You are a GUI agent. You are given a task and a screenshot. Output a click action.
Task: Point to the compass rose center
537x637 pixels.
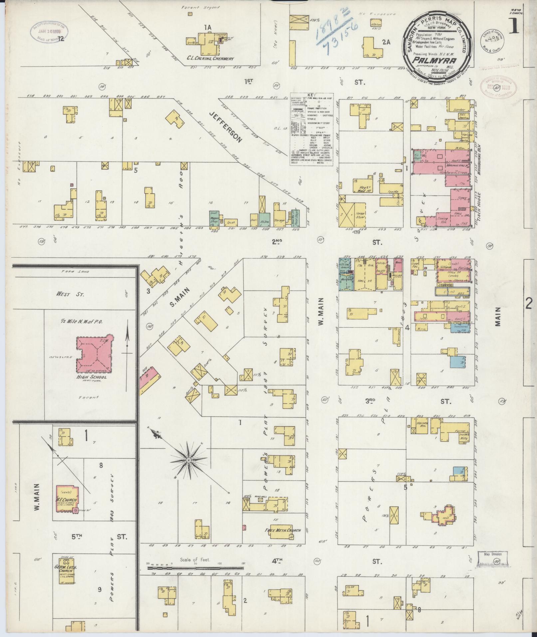pyautogui.click(x=188, y=460)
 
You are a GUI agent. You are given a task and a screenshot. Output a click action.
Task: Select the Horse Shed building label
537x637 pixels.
pyautogui.click(x=361, y=215)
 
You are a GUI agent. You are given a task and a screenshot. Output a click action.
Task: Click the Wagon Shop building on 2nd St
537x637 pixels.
pyautogui.click(x=215, y=218)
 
